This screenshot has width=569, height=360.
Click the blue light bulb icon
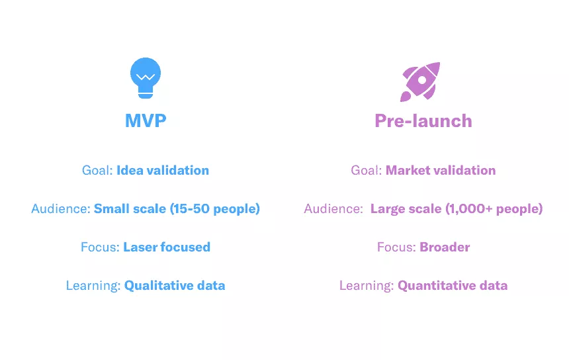[146, 77]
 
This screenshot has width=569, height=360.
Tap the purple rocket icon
[420, 81]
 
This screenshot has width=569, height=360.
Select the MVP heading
[146, 120]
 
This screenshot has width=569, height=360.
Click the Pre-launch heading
[423, 121]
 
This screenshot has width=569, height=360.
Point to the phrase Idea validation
[163, 170]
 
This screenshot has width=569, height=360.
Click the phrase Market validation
[441, 170]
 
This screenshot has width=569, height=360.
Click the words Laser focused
[167, 247]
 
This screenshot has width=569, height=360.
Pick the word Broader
[445, 247]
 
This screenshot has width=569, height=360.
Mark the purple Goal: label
[366, 170]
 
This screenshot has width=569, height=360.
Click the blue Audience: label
[61, 208]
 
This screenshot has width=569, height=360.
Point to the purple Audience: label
[333, 208]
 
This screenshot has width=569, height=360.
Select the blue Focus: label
[100, 247]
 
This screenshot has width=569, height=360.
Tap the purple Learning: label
[367, 286]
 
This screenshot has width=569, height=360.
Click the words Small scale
[130, 208]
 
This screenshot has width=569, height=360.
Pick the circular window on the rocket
[422, 80]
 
